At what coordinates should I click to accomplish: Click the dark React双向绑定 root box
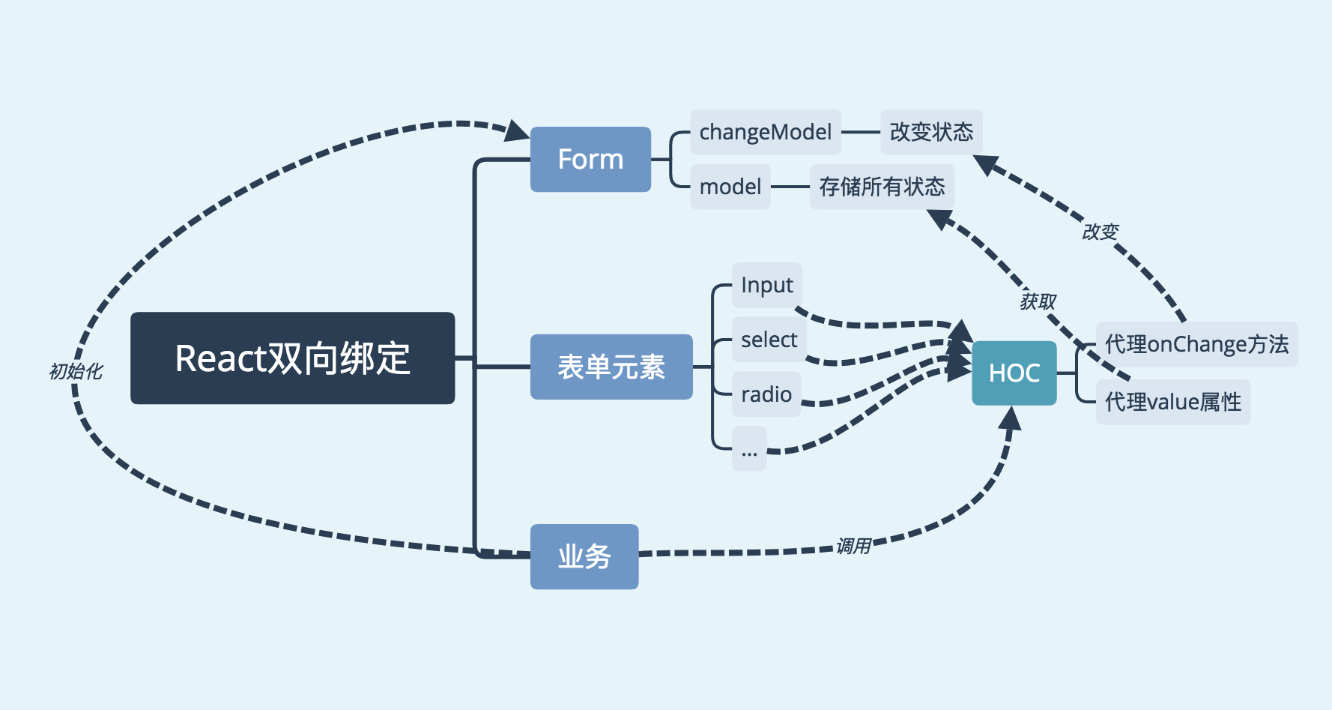(x=292, y=358)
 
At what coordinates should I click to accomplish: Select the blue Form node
(x=590, y=159)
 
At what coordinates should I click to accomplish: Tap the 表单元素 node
(x=611, y=367)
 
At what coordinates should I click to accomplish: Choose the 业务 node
(x=584, y=556)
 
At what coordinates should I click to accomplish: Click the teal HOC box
(x=1014, y=373)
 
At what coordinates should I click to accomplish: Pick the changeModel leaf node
(x=765, y=133)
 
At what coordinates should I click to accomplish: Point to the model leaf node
(x=730, y=187)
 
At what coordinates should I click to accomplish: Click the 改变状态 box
(x=930, y=133)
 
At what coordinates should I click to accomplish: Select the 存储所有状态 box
(x=882, y=187)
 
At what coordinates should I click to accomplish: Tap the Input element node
(x=766, y=285)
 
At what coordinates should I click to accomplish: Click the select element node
(x=769, y=340)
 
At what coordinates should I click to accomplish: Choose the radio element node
(x=766, y=394)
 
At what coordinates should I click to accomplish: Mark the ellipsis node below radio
(x=749, y=449)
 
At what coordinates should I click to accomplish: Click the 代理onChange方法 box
(x=1196, y=344)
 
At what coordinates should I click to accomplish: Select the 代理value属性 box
(x=1172, y=403)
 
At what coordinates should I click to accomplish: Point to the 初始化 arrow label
(x=75, y=371)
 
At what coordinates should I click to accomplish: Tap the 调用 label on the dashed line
(x=853, y=546)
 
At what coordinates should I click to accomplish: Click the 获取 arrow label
(x=1038, y=301)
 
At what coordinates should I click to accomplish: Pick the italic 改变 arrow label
(x=1100, y=232)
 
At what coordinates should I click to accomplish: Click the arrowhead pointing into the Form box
(x=517, y=131)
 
